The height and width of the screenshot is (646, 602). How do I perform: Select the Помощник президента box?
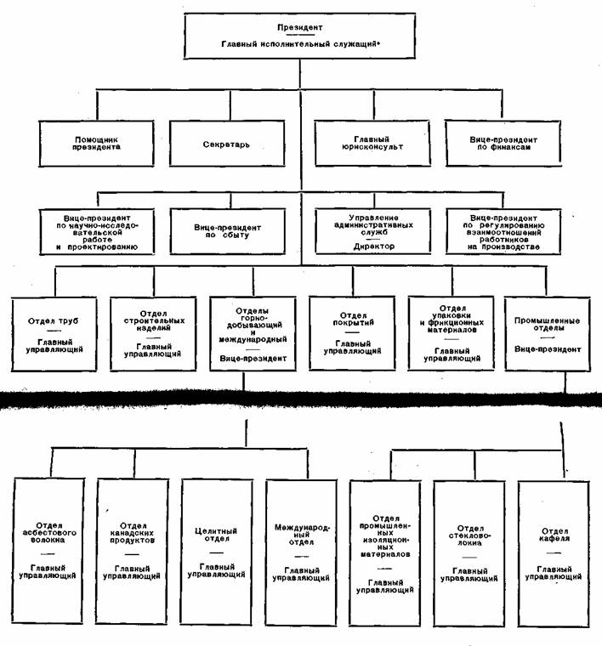coord(96,141)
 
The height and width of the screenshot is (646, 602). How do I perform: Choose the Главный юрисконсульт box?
coord(371,141)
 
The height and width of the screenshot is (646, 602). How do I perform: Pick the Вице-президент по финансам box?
coord(500,141)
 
